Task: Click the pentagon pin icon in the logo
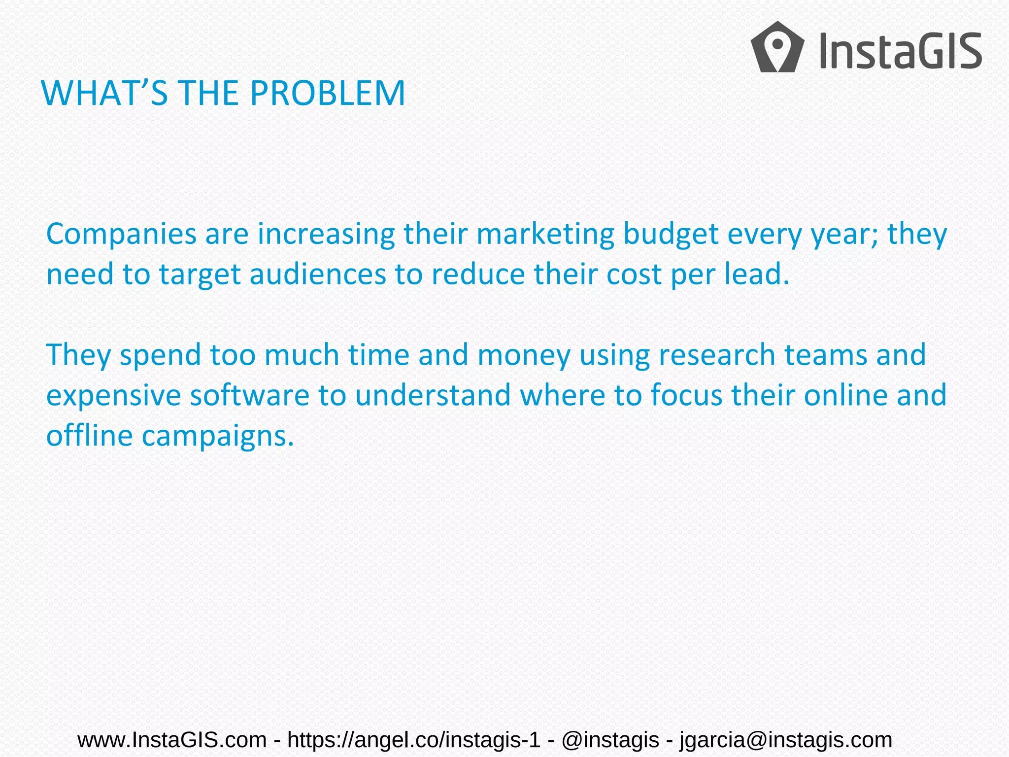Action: pos(777,47)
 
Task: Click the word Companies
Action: pos(122,235)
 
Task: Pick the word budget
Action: pos(671,235)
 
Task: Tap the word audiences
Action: pos(318,275)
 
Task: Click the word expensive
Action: pos(114,396)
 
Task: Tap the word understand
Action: pos(433,396)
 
